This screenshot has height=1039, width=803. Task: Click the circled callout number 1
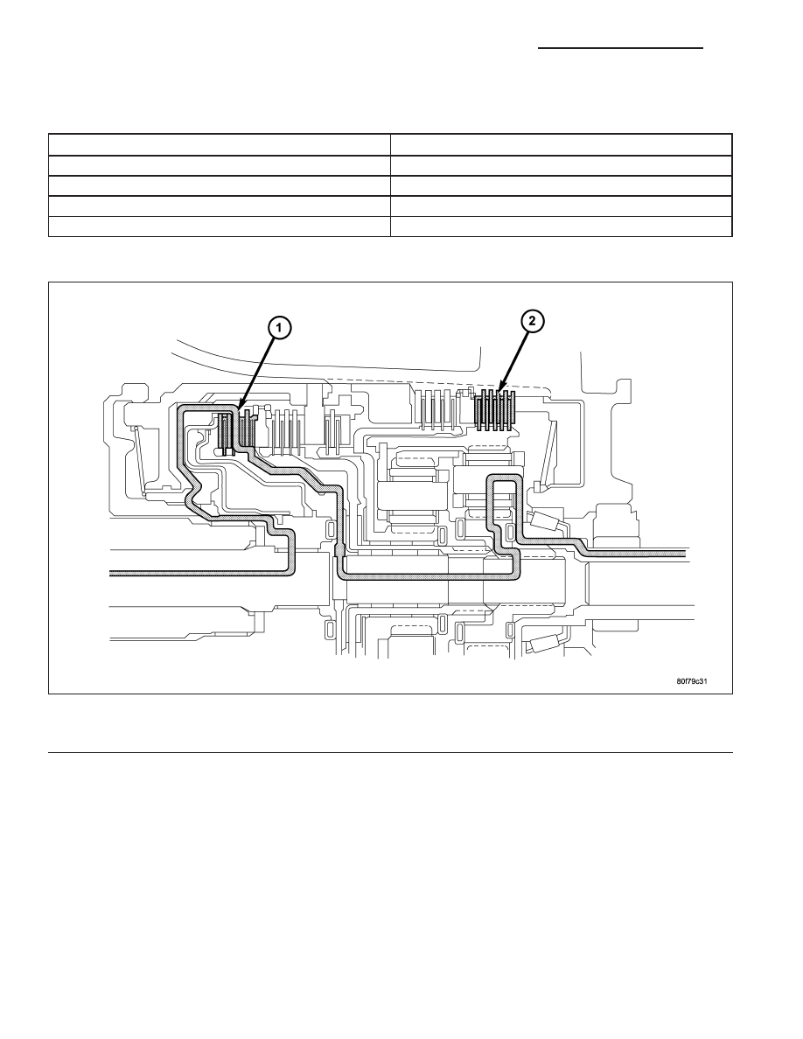pyautogui.click(x=280, y=327)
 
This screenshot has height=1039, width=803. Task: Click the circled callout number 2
pyautogui.click(x=532, y=321)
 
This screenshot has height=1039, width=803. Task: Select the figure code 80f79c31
pyautogui.click(x=692, y=680)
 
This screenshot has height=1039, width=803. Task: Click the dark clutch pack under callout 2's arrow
pyautogui.click(x=496, y=411)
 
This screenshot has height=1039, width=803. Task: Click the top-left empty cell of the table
pyautogui.click(x=220, y=144)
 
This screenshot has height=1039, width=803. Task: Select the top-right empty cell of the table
pyautogui.click(x=562, y=144)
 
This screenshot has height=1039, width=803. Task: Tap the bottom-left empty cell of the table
pyautogui.click(x=220, y=226)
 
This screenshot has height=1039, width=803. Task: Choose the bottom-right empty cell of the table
pyautogui.click(x=562, y=226)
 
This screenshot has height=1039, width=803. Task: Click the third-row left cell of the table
pyautogui.click(x=220, y=185)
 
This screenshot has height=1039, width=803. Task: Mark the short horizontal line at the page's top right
pyautogui.click(x=620, y=48)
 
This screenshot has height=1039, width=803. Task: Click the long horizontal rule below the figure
pyautogui.click(x=390, y=752)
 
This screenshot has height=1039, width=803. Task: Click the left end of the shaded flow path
pyautogui.click(x=111, y=573)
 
